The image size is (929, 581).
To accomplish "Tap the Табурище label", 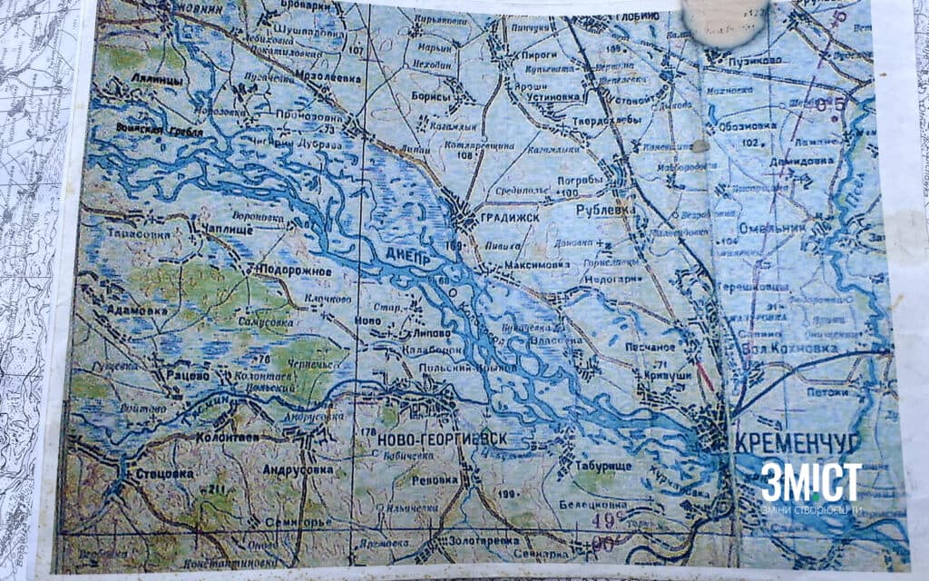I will (x=601, y=465).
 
